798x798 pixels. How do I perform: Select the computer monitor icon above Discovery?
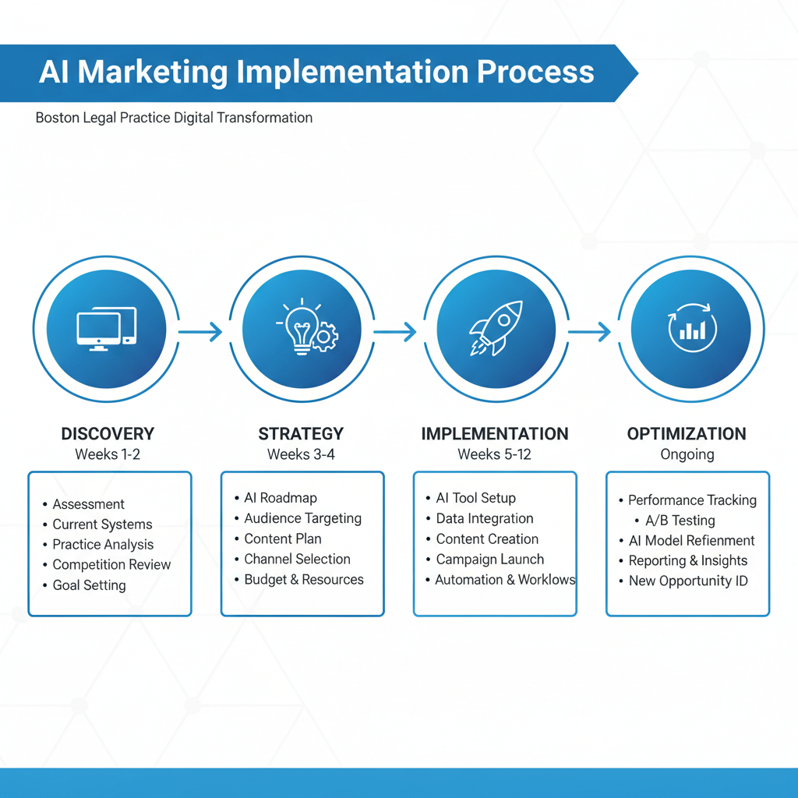click(x=107, y=328)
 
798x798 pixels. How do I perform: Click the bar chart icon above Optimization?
click(x=691, y=330)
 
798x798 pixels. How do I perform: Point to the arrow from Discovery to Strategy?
click(x=200, y=333)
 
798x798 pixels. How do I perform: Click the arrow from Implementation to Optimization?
click(x=589, y=333)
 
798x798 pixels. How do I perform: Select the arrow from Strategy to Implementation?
click(x=395, y=333)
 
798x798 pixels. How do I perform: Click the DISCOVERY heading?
click(x=108, y=434)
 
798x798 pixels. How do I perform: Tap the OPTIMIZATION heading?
click(x=687, y=434)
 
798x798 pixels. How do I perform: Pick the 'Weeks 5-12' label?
click(x=494, y=454)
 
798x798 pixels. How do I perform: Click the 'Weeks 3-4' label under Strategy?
click(x=301, y=454)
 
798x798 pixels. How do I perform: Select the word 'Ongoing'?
click(x=687, y=454)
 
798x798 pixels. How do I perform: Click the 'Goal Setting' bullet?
click(x=90, y=585)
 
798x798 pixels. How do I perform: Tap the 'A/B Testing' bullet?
click(x=680, y=521)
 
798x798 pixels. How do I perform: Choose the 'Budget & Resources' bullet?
click(x=304, y=580)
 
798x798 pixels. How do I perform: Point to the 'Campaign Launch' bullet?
click(x=490, y=560)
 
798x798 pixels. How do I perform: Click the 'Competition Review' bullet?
click(x=111, y=565)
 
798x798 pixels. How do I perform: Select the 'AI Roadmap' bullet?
click(x=281, y=498)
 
